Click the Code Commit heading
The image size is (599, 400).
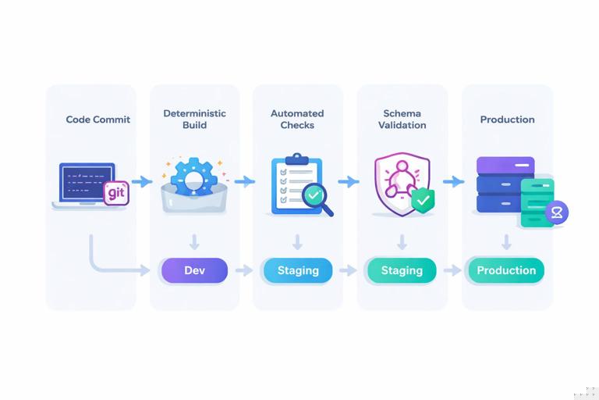point(97,120)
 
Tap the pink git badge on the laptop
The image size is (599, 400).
point(116,192)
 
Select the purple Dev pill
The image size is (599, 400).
point(194,270)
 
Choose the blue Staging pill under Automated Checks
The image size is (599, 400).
point(298,270)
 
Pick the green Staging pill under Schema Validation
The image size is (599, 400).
point(402,270)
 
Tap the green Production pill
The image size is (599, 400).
point(506,270)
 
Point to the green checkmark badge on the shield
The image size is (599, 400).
point(422,200)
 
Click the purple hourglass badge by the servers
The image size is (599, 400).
point(557,212)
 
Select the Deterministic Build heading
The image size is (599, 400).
point(194,119)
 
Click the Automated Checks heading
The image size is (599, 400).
point(297,119)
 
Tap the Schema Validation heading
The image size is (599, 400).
point(402,119)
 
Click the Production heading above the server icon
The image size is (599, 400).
point(507,120)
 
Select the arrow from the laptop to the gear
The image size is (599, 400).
point(141,182)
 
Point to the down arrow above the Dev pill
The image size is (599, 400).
point(194,241)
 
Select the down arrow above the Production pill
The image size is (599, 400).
point(506,241)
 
